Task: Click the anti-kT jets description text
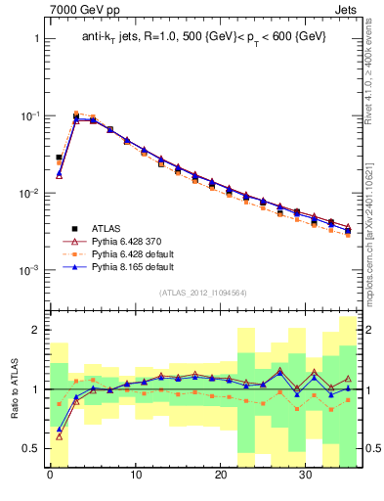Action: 203,37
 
